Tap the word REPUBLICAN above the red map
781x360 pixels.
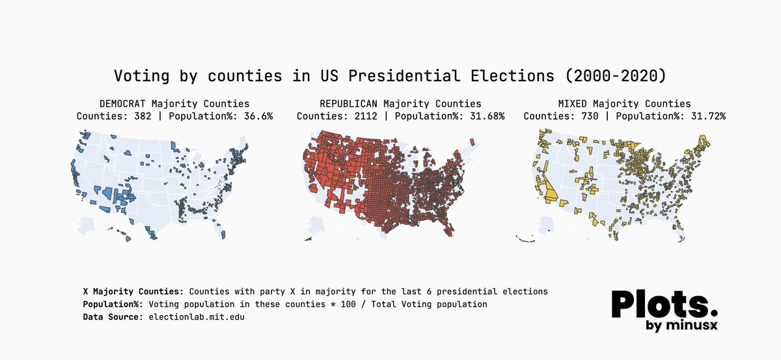pyautogui.click(x=349, y=104)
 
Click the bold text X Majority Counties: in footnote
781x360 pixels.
pyautogui.click(x=133, y=291)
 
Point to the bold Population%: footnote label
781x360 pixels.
pyautogui.click(x=113, y=304)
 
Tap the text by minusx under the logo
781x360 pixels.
pyautogui.click(x=681, y=325)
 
